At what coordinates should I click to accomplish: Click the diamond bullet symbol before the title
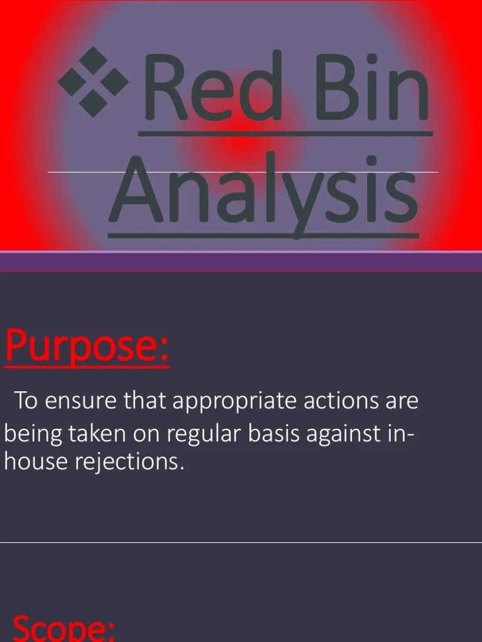click(x=93, y=82)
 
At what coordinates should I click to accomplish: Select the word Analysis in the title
click(x=264, y=191)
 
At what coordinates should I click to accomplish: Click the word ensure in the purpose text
click(x=82, y=401)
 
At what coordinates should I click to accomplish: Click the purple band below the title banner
click(x=241, y=261)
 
